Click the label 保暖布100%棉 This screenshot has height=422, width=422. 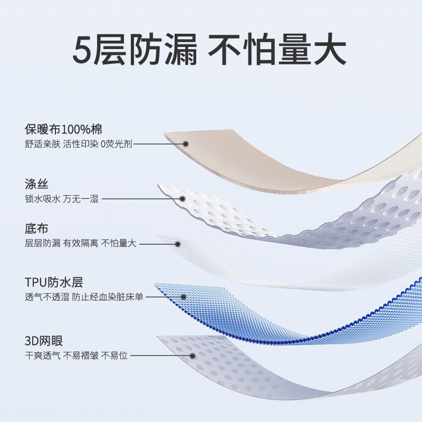[63, 129]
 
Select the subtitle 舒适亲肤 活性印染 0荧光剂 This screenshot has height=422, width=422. [78, 143]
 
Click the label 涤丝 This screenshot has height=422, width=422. [36, 185]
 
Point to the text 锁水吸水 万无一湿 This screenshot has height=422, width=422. [61, 199]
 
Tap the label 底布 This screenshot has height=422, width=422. [36, 229]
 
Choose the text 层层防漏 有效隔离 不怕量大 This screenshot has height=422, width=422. [80, 244]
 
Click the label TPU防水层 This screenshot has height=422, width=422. [54, 282]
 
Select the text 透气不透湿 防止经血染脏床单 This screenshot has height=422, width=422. [84, 296]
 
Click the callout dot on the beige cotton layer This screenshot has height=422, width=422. [186, 143]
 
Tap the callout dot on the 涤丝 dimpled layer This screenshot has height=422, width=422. [182, 199]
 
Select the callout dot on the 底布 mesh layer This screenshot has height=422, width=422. [178, 244]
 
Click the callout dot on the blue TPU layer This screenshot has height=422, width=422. [182, 296]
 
